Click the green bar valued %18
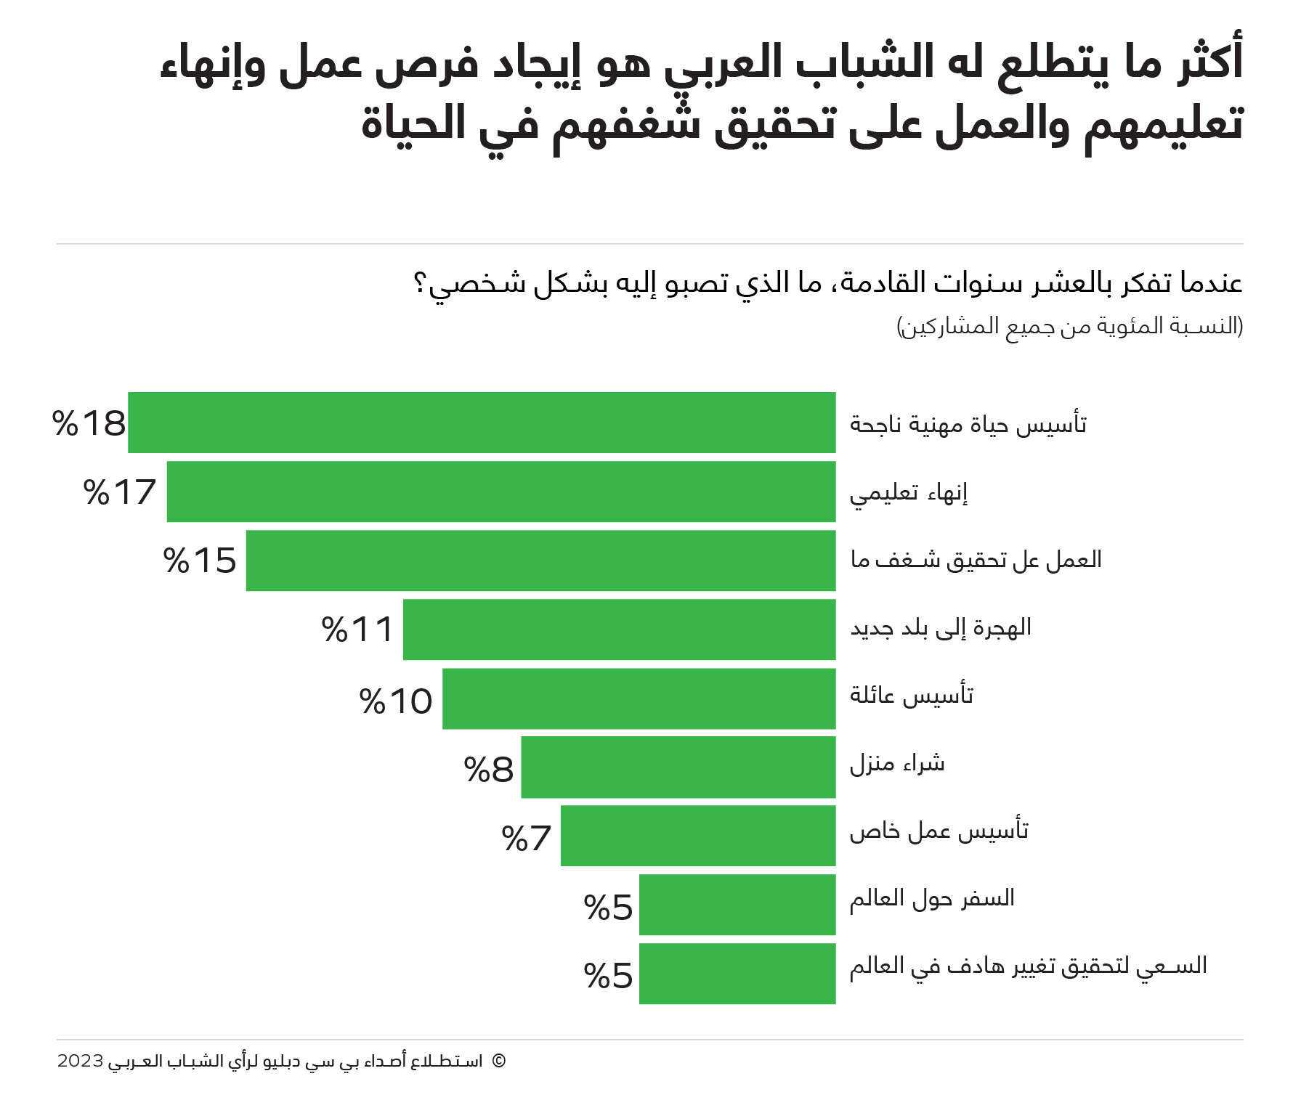pos(482,423)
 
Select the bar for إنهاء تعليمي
pos(501,492)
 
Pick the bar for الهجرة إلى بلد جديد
pos(619,630)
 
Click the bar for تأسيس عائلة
pos(639,698)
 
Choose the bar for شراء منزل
pos(678,767)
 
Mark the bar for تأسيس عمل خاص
pos(697,836)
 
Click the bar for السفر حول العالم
pos(737,905)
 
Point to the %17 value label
pos(120,492)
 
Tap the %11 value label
pos(357,630)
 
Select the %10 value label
pos(396,701)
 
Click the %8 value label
pos(489,770)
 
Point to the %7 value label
pos(527,839)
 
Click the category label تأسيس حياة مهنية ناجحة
pos(968,424)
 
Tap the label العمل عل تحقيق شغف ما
pos(976,560)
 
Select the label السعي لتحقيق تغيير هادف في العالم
pos(1028,966)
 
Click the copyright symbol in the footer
pos(498,1061)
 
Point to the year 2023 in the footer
pos(80,1061)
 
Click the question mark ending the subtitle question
pos(419,283)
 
